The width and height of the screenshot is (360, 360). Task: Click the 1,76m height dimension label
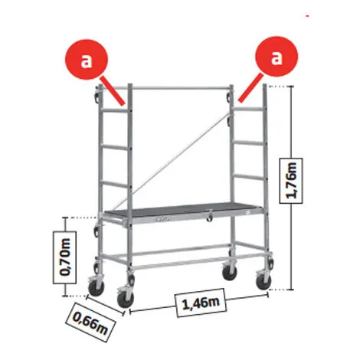click(291, 181)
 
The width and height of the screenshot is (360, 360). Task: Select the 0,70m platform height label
click(64, 257)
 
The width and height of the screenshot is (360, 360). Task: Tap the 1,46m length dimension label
click(201, 303)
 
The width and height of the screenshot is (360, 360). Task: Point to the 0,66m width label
click(90, 322)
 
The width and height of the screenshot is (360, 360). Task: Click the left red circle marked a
click(87, 59)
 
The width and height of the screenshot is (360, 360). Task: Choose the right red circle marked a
click(277, 57)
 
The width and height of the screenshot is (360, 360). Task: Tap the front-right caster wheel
click(263, 280)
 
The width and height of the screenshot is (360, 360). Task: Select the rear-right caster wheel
click(229, 271)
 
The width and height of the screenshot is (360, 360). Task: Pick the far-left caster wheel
click(96, 286)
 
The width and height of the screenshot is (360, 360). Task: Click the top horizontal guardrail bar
click(181, 88)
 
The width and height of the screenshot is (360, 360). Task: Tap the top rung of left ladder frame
click(115, 110)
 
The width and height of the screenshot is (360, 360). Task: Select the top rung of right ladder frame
click(248, 109)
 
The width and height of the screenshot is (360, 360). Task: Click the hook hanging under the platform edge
click(210, 216)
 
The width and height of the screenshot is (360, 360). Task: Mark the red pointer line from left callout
click(113, 90)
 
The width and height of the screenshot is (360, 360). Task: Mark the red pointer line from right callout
click(250, 88)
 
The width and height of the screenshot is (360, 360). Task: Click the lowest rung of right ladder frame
click(248, 176)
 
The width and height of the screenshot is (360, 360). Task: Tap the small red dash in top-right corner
click(307, 16)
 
